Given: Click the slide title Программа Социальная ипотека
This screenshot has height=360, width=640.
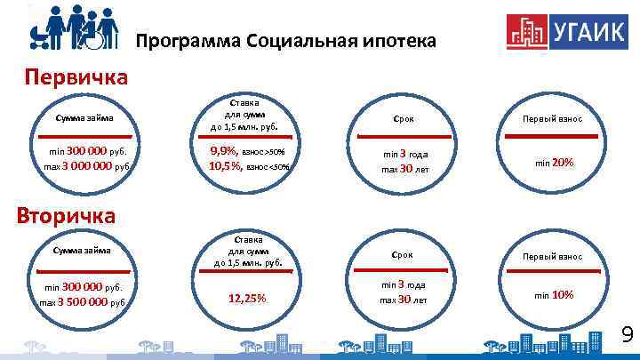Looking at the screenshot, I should point(285,42).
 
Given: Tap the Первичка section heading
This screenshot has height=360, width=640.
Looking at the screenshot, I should point(75,76).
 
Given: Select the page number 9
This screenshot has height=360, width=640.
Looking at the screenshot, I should point(626,335).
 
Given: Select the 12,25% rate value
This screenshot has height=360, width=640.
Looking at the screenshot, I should point(247,298).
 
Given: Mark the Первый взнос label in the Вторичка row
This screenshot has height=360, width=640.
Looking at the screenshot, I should point(553,256).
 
